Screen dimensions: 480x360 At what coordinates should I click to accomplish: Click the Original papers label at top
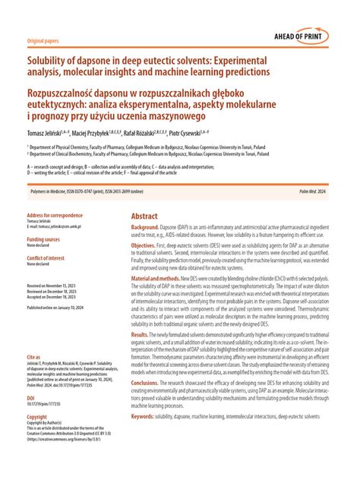tap(43, 40)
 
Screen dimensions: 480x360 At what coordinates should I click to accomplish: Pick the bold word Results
tap(141, 335)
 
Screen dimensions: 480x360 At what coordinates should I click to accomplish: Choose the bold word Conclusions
tap(147, 383)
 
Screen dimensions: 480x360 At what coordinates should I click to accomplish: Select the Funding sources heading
tap(46, 238)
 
